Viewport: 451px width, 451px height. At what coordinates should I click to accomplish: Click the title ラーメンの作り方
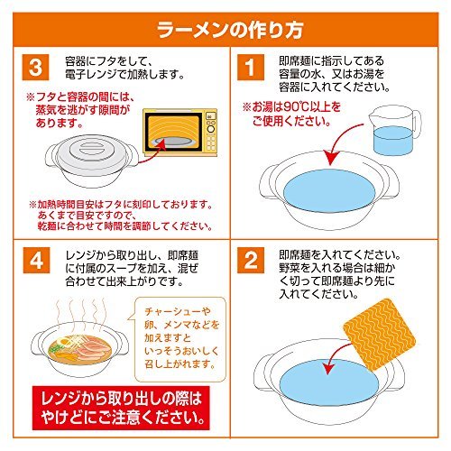pos(230,30)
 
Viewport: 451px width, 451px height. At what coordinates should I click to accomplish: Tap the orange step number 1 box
pos(251,67)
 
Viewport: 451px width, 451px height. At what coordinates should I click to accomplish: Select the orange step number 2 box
pos(251,260)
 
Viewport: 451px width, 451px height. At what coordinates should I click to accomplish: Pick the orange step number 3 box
pos(35,67)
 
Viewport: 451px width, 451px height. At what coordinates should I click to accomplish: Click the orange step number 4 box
pos(37,260)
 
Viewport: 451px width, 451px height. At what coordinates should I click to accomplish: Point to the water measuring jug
pos(394,130)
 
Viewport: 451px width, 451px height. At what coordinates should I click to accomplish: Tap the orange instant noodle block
pos(380,334)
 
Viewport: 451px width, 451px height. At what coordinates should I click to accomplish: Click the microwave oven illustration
pos(180,133)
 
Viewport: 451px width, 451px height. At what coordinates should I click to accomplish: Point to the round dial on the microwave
pos(211,129)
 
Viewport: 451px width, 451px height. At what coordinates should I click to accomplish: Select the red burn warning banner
pos(121,408)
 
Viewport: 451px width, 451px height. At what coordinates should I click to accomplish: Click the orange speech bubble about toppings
pos(179,339)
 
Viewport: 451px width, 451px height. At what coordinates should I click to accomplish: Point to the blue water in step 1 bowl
pos(330,190)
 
